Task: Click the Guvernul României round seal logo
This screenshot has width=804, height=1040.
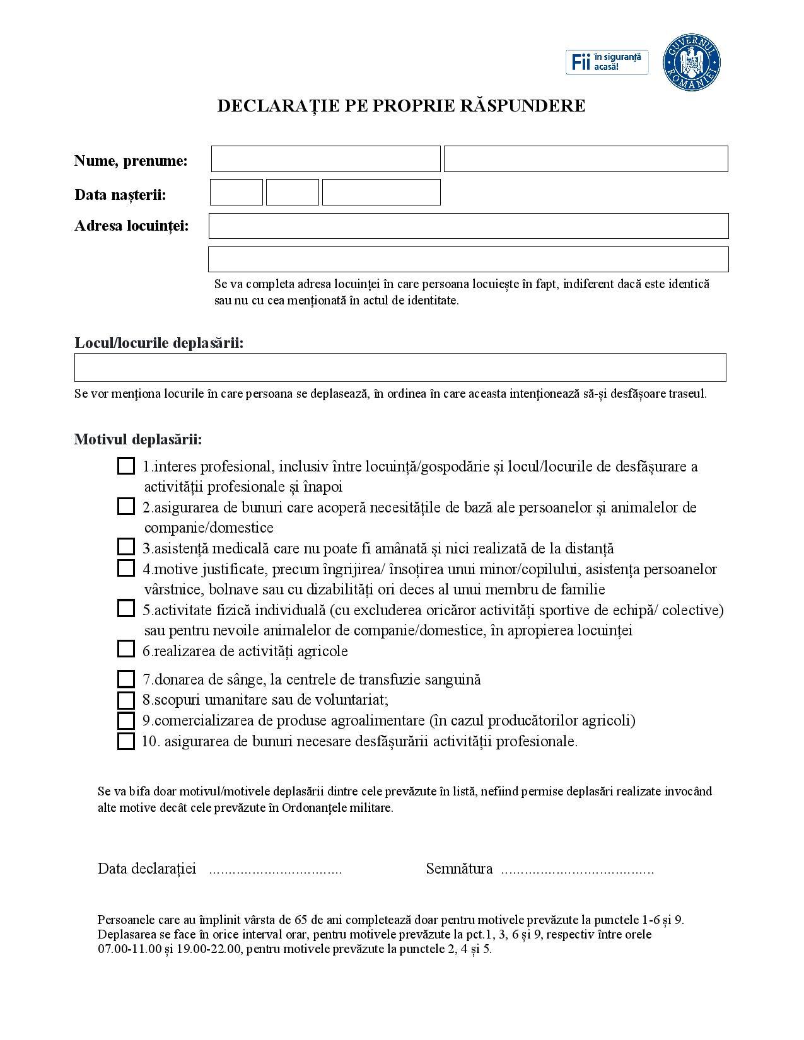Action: point(692,63)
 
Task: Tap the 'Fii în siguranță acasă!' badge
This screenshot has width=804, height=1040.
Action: point(607,62)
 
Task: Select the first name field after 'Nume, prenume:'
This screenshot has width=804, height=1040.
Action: point(325,159)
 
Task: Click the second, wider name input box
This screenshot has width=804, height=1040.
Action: point(586,159)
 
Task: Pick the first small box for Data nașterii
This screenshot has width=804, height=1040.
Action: point(236,192)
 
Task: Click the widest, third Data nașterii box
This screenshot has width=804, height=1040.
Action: point(381,192)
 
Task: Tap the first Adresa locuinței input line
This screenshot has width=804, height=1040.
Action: point(468,226)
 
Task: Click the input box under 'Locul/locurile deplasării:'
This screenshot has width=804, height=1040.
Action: point(400,367)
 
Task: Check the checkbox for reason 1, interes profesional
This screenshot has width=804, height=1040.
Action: point(126,466)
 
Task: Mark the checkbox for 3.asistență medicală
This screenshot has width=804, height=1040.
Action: point(126,547)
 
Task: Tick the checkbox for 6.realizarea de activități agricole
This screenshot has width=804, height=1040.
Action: point(126,649)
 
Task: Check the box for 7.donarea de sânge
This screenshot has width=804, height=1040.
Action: point(126,679)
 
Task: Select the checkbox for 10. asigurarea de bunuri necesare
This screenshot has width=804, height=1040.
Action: point(126,741)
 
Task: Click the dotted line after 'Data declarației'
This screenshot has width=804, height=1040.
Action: point(275,870)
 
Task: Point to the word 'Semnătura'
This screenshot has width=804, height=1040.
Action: point(459,869)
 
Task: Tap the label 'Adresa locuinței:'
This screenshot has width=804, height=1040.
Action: point(132,226)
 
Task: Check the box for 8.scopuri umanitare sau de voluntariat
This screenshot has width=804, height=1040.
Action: point(126,700)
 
